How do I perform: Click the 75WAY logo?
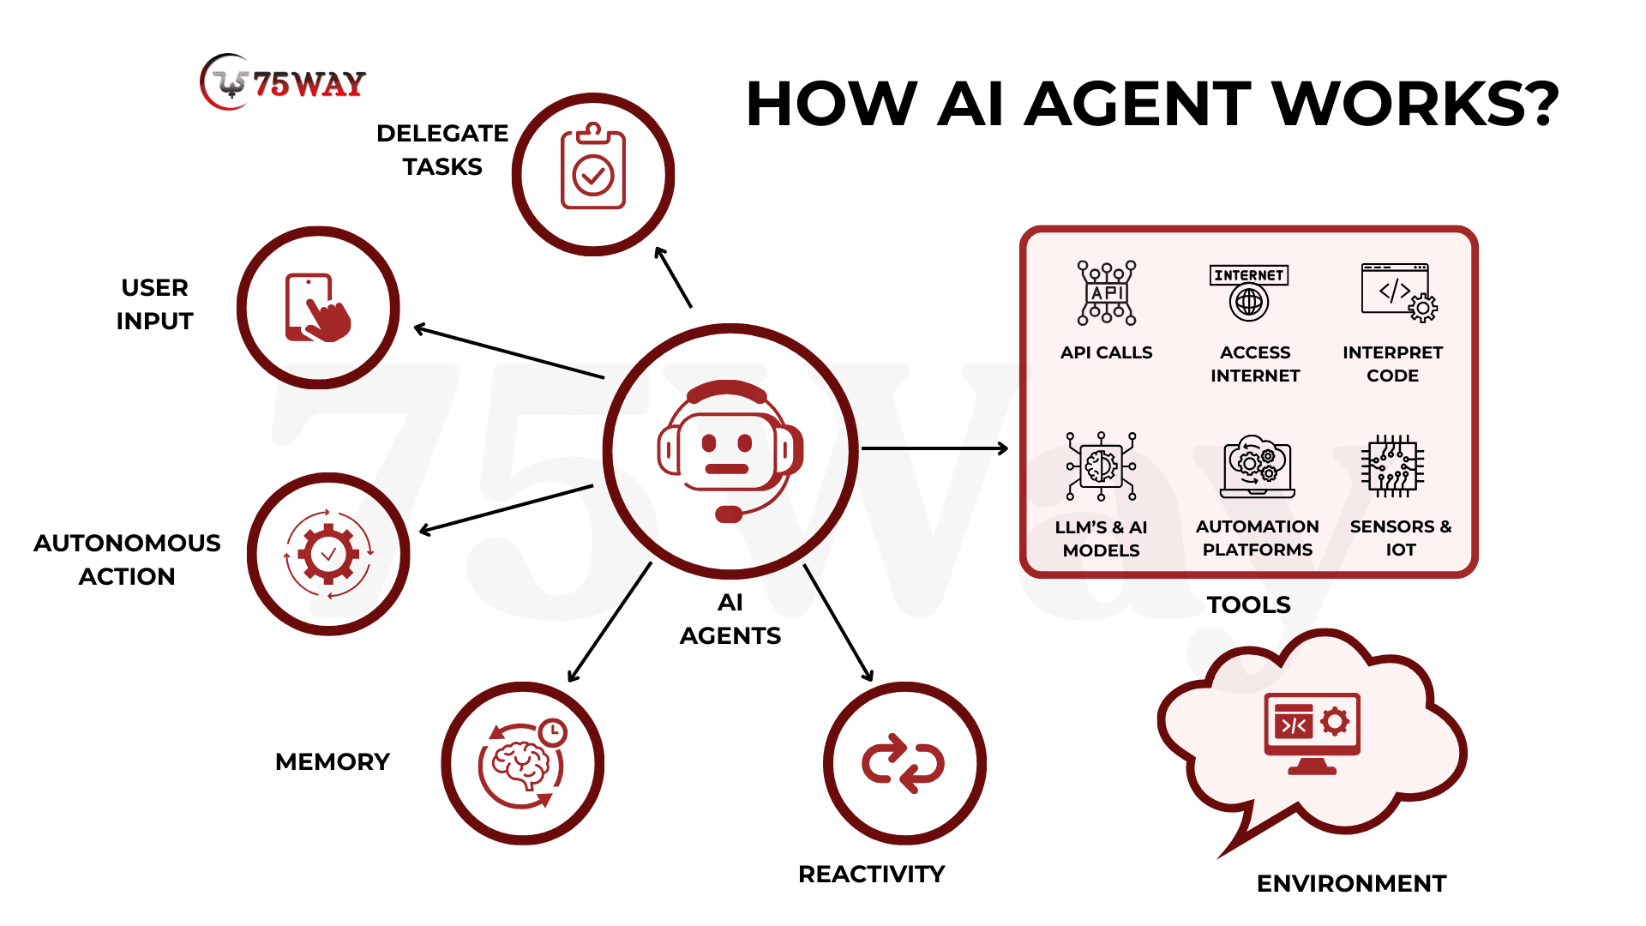(x=283, y=83)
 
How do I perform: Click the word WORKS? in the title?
(x=1415, y=105)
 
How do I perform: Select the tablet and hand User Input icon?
(x=318, y=308)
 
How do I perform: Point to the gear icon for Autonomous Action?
(x=328, y=554)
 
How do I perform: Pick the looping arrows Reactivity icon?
(x=904, y=763)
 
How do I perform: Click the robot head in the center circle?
(x=730, y=450)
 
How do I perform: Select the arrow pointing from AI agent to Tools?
(x=934, y=448)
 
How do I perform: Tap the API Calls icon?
(x=1107, y=293)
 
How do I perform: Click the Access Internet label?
(x=1255, y=364)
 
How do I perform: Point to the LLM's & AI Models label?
(x=1102, y=538)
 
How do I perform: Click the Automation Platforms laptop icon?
(x=1257, y=467)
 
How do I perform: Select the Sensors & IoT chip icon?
(x=1393, y=466)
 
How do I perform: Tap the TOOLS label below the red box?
(x=1248, y=604)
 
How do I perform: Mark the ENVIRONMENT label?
(x=1351, y=883)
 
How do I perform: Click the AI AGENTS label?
(x=730, y=619)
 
